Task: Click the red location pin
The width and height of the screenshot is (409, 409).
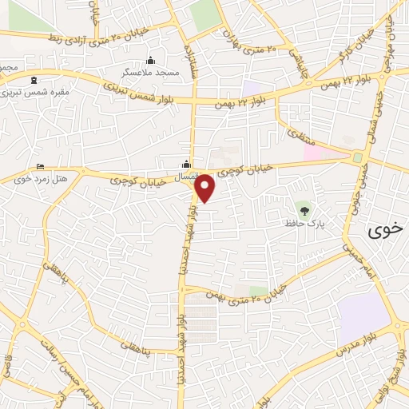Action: point(206,187)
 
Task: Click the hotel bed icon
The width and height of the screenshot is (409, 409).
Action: point(41,167)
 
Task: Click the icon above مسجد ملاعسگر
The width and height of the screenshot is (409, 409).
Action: point(150,60)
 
